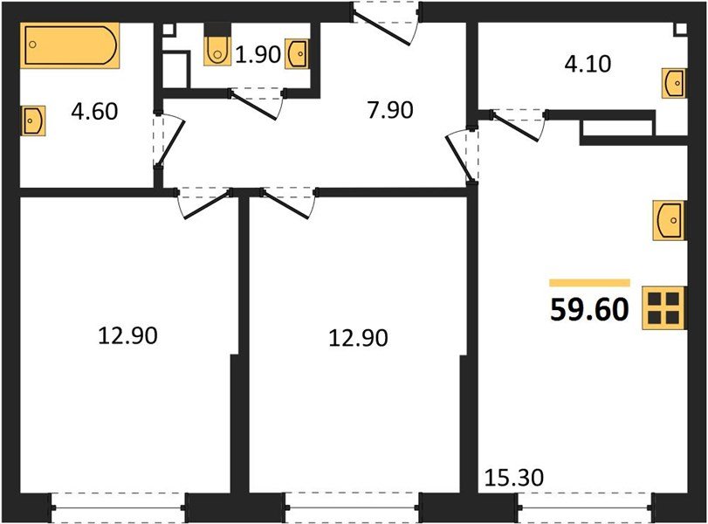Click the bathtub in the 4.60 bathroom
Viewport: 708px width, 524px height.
tap(69, 45)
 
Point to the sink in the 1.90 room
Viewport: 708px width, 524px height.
tap(297, 53)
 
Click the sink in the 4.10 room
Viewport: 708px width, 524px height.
tap(673, 85)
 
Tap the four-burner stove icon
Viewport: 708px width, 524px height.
tap(663, 308)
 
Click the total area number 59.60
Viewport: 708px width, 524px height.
tap(589, 309)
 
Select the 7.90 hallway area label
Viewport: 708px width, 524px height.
tap(388, 110)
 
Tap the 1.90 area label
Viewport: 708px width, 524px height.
tap(257, 56)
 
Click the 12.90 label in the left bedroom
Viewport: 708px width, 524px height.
tap(127, 334)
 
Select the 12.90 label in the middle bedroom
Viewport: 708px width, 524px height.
tap(358, 336)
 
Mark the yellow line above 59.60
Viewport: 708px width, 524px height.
tap(589, 283)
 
